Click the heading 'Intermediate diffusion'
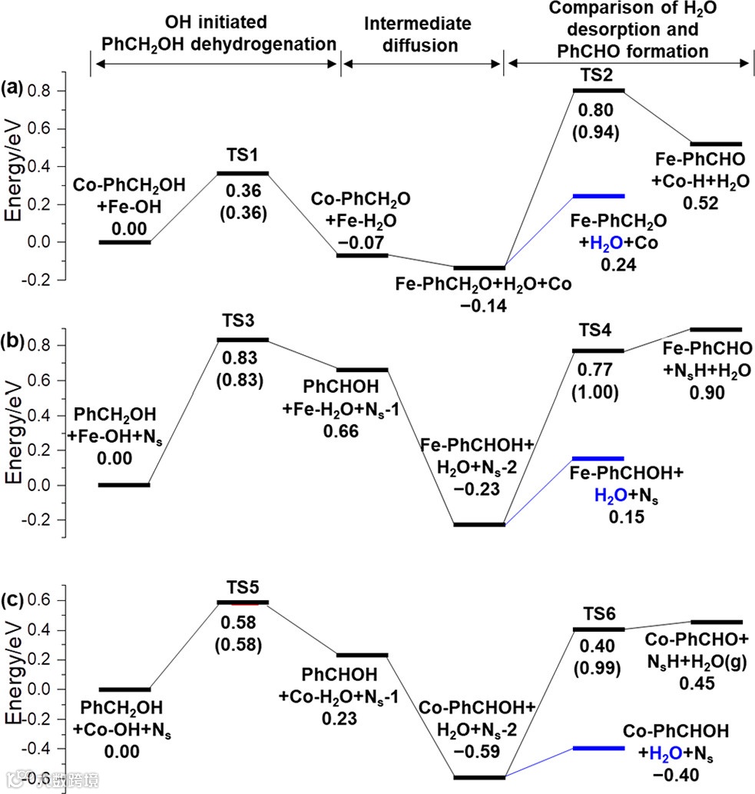(x=421, y=35)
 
